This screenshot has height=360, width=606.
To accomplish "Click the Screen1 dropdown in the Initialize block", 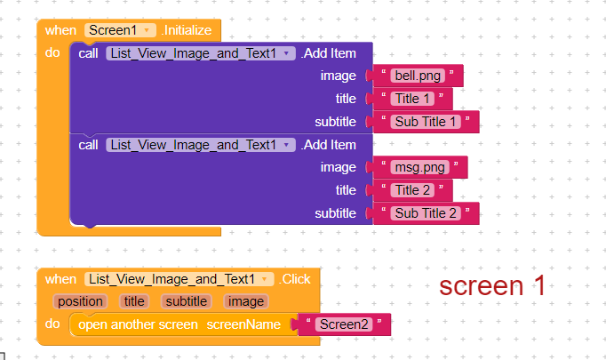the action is (120, 30).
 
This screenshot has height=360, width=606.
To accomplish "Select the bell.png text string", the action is (418, 76).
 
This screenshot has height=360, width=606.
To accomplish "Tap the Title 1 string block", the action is (412, 99).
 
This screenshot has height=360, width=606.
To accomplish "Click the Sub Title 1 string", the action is (425, 122).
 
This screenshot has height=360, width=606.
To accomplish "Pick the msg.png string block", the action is (419, 167).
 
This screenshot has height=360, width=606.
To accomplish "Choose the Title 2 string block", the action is (412, 190).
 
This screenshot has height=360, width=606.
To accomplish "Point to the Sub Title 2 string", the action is (425, 213).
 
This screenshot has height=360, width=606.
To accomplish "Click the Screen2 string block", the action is (344, 324).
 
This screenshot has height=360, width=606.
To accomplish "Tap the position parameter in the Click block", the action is (80, 301).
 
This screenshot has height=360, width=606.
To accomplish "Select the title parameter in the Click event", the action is (133, 301).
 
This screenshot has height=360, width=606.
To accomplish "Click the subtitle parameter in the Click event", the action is (187, 301).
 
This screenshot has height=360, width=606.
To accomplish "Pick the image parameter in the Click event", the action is (246, 301).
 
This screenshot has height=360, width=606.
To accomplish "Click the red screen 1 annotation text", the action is (492, 285).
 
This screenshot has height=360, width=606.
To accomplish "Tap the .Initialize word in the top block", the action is (187, 30).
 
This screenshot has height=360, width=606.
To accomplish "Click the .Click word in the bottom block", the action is (294, 279).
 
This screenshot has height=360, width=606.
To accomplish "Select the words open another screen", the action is (138, 324).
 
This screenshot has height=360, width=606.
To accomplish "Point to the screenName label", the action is (243, 324).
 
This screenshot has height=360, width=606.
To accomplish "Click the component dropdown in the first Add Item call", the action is (201, 53).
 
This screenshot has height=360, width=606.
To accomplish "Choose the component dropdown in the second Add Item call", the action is (201, 145).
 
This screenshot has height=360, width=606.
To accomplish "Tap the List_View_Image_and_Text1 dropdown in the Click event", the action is (179, 279).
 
